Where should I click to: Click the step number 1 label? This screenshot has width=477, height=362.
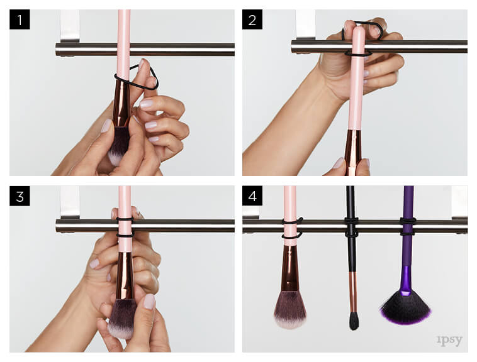click(x=20, y=19)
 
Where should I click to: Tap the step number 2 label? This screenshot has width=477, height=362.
click(x=252, y=19)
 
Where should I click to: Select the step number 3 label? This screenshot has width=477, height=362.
click(x=20, y=196)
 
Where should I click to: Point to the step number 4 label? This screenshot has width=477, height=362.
click(x=252, y=196)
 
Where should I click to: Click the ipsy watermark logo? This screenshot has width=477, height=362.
click(x=449, y=340)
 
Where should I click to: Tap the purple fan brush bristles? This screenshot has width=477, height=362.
click(x=405, y=308)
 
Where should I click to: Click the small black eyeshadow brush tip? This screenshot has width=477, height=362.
click(x=354, y=321)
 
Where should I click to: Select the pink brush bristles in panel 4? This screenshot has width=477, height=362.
click(x=289, y=310)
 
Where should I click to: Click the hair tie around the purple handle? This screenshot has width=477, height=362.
click(x=408, y=226)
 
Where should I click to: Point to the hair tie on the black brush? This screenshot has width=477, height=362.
click(x=351, y=227)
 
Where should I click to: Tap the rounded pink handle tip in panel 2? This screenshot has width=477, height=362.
click(x=359, y=30)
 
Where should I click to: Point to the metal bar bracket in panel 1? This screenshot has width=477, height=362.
click(x=70, y=26)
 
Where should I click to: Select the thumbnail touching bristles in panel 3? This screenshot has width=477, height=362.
click(x=149, y=301)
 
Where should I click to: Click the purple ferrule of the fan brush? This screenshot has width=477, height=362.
click(x=406, y=281)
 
